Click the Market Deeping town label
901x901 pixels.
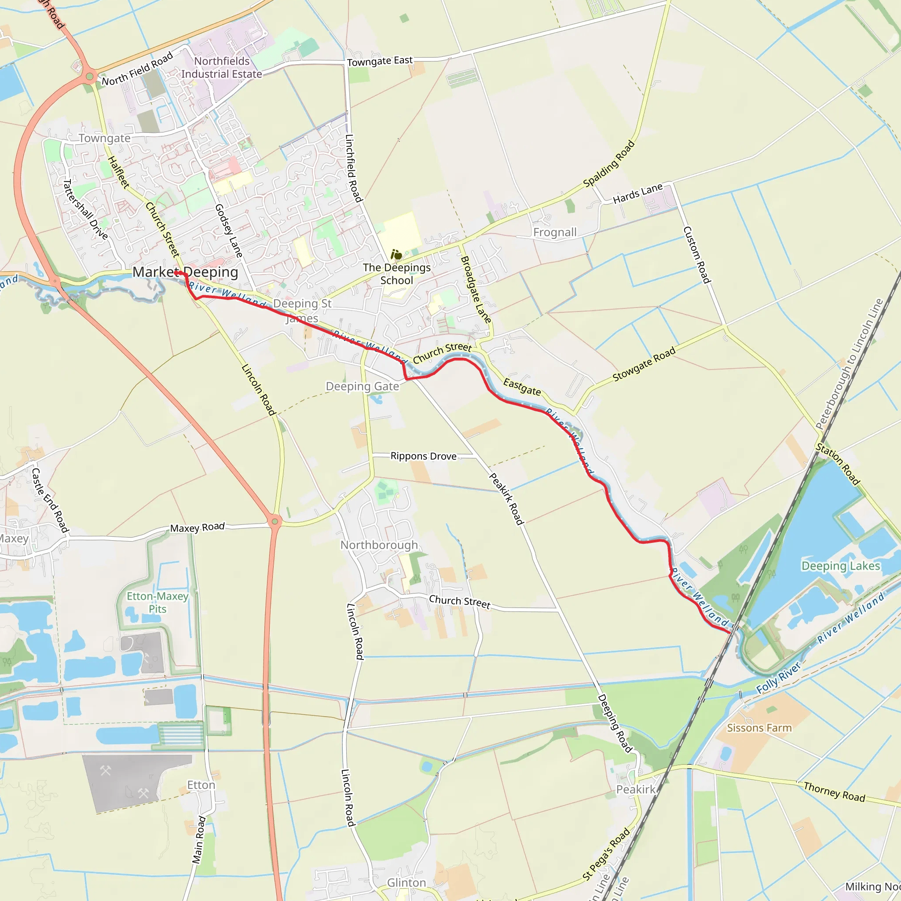tap(185, 272)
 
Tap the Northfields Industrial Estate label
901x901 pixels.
tap(222, 68)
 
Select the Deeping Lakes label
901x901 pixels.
tap(840, 566)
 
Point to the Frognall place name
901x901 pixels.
tap(554, 232)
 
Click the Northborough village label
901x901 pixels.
tap(379, 545)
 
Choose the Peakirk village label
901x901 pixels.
tap(636, 790)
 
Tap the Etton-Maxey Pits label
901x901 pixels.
tap(157, 603)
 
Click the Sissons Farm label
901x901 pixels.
tap(759, 728)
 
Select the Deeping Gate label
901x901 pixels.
tap(363, 386)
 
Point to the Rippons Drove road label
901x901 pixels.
tap(424, 456)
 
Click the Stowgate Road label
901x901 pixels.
tap(644, 364)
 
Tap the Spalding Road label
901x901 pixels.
tap(609, 164)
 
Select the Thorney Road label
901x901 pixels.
tap(834, 792)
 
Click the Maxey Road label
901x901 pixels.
tap(197, 527)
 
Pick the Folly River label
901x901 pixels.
tap(778, 678)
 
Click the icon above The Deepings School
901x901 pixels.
tap(396, 255)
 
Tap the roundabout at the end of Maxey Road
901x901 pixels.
tap(275, 521)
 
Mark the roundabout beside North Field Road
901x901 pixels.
tap(90, 76)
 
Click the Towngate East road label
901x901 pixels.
tap(380, 61)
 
